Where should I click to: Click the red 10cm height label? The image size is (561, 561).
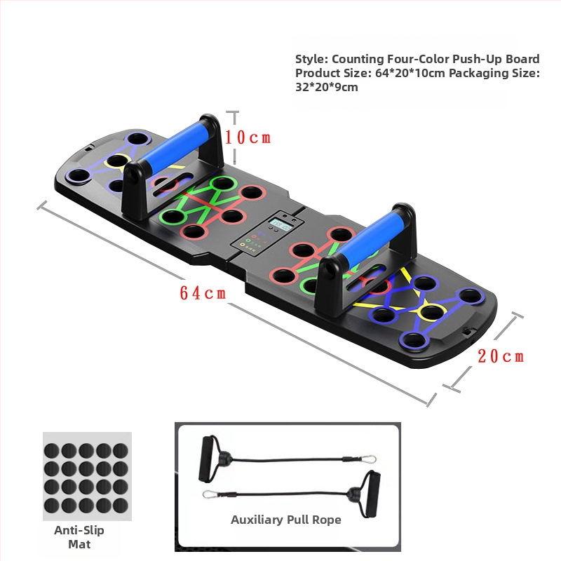pos(248,137)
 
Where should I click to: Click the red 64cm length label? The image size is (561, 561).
pos(203,293)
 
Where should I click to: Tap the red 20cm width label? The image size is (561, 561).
pos(501,356)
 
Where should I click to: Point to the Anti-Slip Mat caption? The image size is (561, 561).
pos(79,537)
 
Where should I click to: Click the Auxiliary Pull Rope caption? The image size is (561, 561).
pos(286,520)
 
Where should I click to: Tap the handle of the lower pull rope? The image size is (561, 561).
pos(370,494)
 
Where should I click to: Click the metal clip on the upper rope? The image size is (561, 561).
pos(368,459)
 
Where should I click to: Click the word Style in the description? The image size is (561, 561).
pos(311,59)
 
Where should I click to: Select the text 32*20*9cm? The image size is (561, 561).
pos(327,87)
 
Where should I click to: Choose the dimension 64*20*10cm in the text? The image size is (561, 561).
pos(410,73)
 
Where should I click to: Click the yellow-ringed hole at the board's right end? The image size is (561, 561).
pos(431,311)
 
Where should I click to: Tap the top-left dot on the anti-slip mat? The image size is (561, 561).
pos(51,450)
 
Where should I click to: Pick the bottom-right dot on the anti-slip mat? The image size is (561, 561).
pos(121,506)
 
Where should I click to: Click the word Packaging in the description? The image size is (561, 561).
pos(480,74)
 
